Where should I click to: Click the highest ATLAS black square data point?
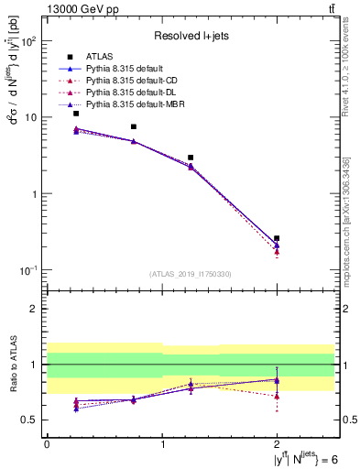click(x=76, y=114)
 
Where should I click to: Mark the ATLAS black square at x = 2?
click(x=277, y=238)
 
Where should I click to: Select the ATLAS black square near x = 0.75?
click(x=134, y=126)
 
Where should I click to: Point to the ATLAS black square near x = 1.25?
click(x=191, y=158)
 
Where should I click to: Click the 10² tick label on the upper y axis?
click(x=29, y=41)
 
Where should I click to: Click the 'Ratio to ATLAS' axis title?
click(x=12, y=364)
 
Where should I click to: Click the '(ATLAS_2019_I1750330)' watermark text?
click(x=190, y=274)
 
